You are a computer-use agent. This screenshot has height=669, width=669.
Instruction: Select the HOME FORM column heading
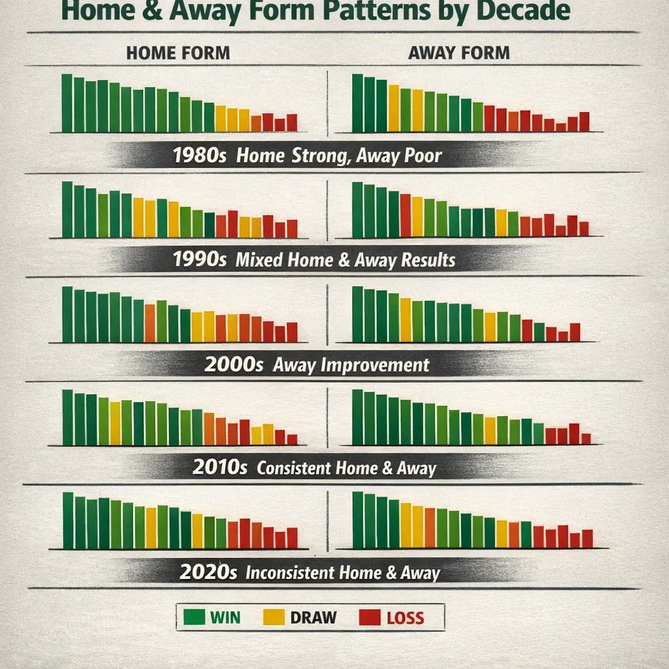(178, 53)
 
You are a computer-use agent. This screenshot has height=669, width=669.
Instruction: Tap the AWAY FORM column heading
(459, 53)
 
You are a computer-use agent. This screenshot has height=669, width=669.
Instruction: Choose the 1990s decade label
(200, 260)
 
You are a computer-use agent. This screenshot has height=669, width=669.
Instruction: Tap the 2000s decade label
(233, 365)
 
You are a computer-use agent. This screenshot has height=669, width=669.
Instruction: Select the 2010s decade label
(221, 468)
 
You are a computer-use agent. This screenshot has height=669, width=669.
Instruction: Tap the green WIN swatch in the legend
(193, 617)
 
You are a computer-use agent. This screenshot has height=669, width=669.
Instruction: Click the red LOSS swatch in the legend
(369, 617)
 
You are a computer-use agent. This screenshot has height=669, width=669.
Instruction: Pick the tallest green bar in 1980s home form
(67, 103)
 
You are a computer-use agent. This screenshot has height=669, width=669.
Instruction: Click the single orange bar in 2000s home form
(150, 323)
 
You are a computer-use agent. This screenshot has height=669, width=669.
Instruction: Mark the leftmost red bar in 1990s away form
(405, 216)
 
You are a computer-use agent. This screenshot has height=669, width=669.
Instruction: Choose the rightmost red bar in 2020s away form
(587, 538)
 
